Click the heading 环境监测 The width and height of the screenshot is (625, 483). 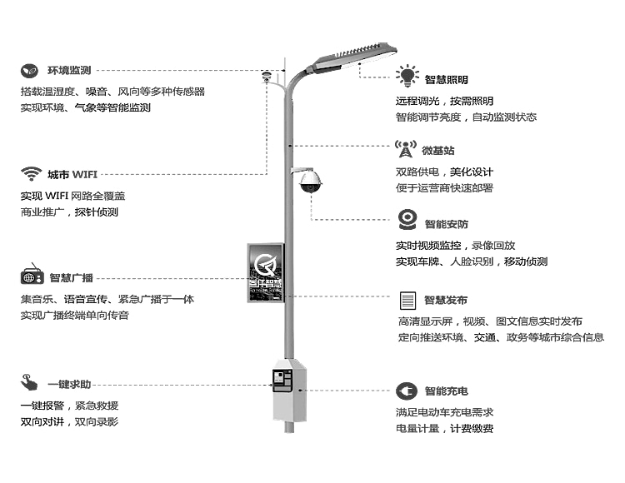click(x=69, y=70)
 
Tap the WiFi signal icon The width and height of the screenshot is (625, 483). click(x=32, y=174)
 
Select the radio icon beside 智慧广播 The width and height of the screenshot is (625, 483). click(x=32, y=277)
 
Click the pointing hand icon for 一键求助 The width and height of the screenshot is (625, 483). click(x=30, y=384)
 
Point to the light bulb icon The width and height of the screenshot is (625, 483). click(x=407, y=76)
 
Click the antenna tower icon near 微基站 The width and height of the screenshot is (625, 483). click(x=405, y=150)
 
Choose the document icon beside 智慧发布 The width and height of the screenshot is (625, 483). click(x=407, y=300)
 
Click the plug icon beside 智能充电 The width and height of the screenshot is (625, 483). click(x=406, y=391)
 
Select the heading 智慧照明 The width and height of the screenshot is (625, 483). click(x=446, y=80)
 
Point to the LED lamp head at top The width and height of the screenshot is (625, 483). click(x=354, y=56)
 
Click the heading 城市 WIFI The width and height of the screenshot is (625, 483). click(x=72, y=175)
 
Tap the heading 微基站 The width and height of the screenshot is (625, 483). click(x=438, y=151)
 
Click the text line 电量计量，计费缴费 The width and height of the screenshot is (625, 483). click(x=444, y=429)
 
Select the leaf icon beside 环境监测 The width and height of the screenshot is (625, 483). click(x=29, y=70)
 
